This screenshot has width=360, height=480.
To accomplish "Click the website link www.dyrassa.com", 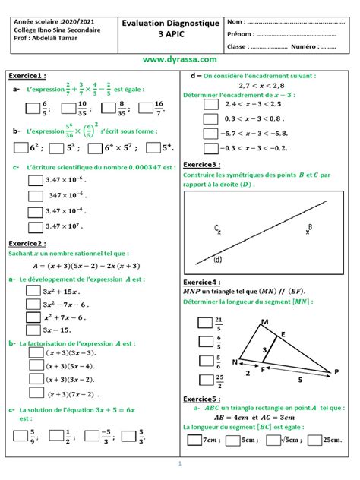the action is tap(179, 58).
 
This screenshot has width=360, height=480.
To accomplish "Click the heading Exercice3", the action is tap(204, 164).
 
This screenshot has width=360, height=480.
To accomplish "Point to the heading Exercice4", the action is tap(204, 282).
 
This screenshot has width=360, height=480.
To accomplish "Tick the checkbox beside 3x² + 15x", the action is tap(31, 292).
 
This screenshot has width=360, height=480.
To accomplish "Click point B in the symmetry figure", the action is tap(309, 228).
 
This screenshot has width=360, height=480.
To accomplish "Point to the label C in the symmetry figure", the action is tap(216, 227).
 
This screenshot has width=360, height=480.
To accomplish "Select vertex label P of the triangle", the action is tap(336, 371).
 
